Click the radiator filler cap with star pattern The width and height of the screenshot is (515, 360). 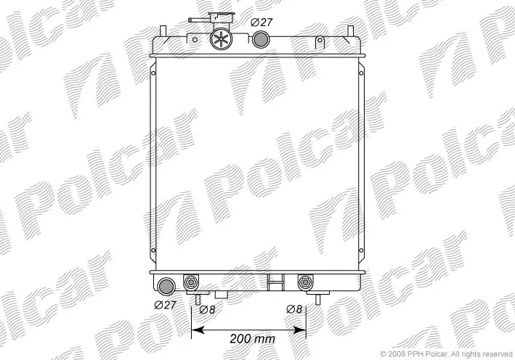221,39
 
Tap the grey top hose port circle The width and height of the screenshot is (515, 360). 261,39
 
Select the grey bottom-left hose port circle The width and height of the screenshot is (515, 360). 166,286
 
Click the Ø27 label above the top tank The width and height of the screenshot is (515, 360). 261,22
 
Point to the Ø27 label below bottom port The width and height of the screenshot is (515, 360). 165,305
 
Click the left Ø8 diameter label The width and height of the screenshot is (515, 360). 207,309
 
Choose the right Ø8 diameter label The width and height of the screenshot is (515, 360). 294,309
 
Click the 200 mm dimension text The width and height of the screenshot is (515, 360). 252,338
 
